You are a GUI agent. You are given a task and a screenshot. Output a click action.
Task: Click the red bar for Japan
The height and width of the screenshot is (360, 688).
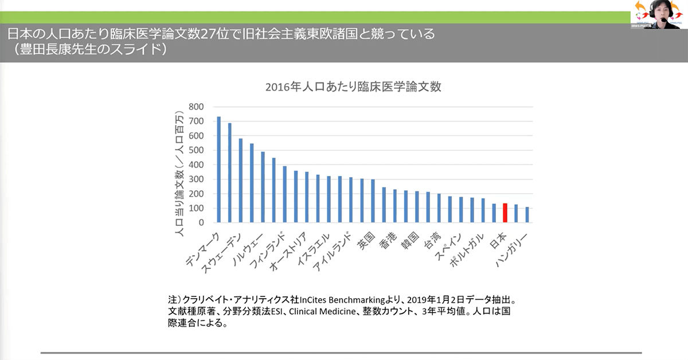coord(505,213)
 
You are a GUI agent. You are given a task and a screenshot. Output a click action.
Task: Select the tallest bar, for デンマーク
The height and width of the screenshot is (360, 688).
coord(219,169)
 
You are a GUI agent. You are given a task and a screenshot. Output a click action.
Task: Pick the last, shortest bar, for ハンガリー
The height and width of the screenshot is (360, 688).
coord(527,215)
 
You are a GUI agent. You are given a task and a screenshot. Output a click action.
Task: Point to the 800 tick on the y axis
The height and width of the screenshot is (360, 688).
coord(197,107)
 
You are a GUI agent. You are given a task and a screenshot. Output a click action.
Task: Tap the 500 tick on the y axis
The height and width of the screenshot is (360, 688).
coord(197,150)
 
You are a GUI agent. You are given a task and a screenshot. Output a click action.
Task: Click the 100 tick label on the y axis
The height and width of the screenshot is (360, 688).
coord(197,208)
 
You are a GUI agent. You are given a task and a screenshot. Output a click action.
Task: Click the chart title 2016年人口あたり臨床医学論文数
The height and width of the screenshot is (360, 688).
coord(353,87)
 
